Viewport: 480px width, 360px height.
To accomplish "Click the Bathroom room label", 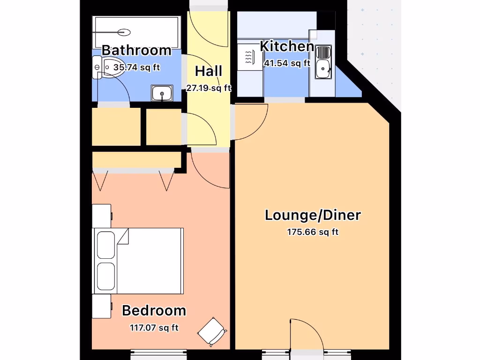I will [136, 50].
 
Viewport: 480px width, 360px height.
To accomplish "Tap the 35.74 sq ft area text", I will [136, 67].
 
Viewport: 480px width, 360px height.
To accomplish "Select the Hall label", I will [209, 72].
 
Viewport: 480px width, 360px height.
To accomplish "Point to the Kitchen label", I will [287, 46].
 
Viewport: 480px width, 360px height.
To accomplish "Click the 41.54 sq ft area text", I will [287, 63].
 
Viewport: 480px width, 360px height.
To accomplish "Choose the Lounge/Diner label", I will [313, 216].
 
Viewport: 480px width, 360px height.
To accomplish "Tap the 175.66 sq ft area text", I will [313, 232].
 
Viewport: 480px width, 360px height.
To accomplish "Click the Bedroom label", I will [154, 311].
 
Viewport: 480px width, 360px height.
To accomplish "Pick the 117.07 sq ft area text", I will [154, 328].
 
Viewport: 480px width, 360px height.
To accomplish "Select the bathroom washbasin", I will [163, 93].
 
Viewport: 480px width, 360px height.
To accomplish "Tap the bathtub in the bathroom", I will [136, 32].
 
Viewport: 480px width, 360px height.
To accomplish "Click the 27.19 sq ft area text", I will [209, 88].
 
